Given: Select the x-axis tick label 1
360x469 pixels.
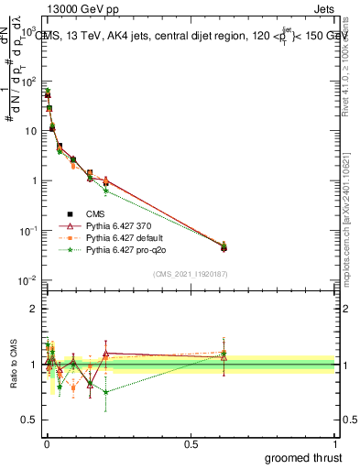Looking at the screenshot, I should point(335,443).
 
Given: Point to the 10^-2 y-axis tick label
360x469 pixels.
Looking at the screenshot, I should point(27,279).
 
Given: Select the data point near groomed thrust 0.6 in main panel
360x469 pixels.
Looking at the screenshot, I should point(224,246).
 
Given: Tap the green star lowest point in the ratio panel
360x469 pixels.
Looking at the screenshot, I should point(106,392).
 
